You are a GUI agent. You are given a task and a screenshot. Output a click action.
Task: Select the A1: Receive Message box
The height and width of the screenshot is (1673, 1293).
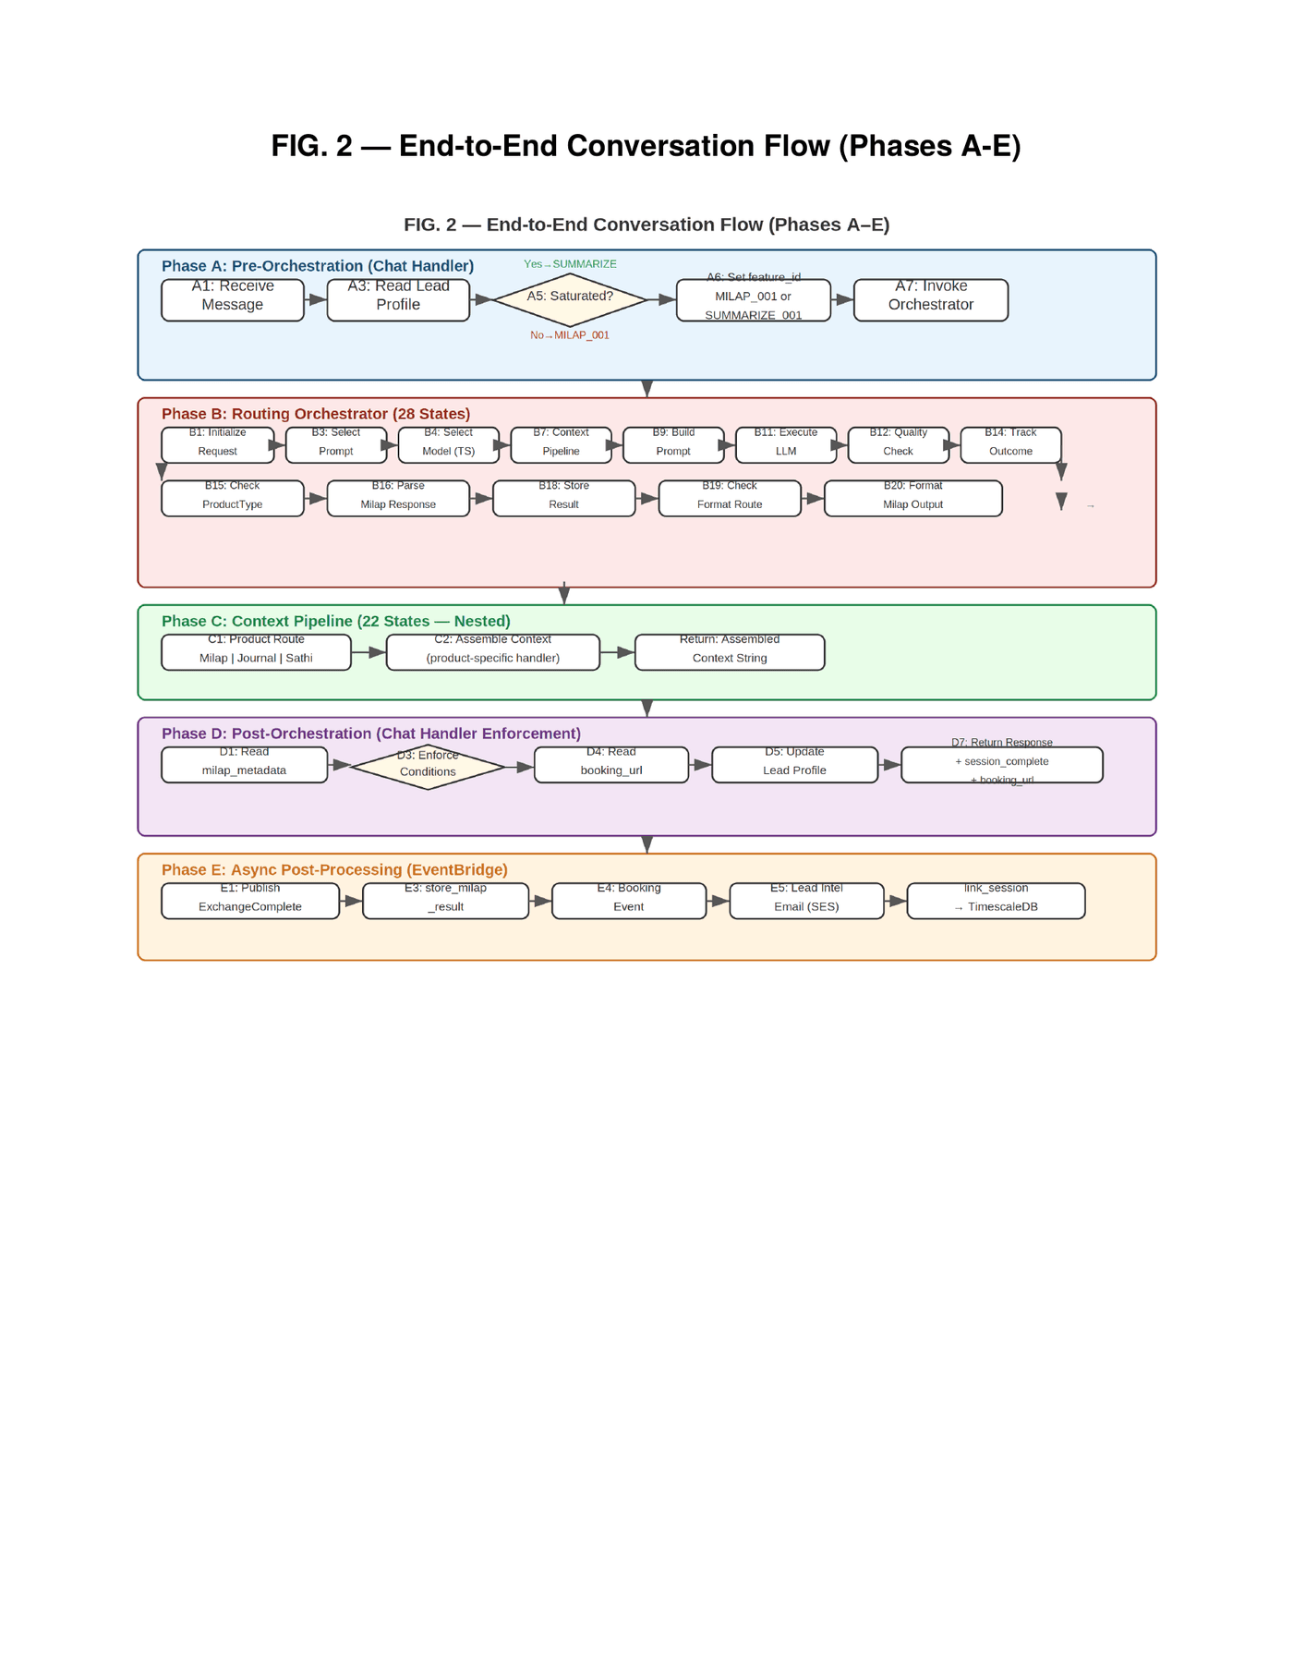tap(233, 300)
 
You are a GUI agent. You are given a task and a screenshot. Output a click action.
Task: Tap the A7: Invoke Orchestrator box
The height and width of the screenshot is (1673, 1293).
tap(930, 300)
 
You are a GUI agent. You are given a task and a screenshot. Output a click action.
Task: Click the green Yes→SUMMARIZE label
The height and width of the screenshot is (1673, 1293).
tap(570, 264)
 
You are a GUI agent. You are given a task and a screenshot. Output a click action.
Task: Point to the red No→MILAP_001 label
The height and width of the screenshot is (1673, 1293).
tap(570, 335)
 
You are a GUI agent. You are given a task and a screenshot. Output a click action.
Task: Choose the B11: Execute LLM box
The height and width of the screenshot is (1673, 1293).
tap(785, 445)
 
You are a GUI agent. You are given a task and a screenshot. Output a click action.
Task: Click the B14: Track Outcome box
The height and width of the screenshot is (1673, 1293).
tap(1010, 445)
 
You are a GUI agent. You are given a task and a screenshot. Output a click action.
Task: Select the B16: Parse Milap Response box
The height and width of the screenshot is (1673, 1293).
tap(398, 499)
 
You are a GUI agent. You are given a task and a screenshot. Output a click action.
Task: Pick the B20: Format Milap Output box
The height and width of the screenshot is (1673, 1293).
tap(912, 499)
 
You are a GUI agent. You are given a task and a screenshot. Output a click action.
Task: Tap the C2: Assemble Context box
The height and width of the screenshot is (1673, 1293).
tap(492, 652)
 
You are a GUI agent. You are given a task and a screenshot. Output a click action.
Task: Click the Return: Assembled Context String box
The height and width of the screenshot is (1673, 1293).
tap(730, 652)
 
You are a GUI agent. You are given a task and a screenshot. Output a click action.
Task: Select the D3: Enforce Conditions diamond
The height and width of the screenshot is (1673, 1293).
tap(428, 767)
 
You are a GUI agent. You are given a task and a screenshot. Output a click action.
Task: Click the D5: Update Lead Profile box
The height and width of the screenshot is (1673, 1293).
tap(794, 765)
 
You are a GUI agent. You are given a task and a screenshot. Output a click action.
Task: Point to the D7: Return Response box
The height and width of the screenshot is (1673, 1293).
tap(1001, 765)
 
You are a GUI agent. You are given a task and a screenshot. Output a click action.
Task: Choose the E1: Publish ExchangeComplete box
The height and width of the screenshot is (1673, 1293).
tap(250, 901)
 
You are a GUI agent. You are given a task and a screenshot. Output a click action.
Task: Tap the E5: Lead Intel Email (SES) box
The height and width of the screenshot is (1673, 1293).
tap(806, 901)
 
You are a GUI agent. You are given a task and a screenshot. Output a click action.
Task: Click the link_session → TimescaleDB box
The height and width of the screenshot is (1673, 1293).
tap(996, 901)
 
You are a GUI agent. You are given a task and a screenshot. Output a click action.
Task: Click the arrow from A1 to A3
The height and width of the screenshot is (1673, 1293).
tap(316, 300)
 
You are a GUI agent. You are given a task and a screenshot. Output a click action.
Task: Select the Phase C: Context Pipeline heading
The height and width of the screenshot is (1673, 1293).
tap(335, 621)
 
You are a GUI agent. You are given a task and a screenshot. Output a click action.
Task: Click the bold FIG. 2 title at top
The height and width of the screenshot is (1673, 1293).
tap(646, 146)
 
